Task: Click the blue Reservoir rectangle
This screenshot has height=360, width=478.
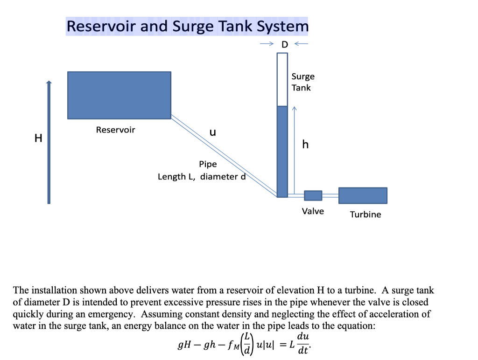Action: [119, 95]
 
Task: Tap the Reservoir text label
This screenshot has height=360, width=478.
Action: [115, 130]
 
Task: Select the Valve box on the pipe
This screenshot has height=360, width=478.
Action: [313, 196]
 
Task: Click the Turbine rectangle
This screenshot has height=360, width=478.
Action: [363, 195]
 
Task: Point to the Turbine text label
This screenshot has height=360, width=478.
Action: [366, 215]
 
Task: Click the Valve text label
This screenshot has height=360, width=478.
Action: [313, 211]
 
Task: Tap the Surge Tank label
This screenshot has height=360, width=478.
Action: [303, 82]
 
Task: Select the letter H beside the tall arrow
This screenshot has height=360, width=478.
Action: [38, 138]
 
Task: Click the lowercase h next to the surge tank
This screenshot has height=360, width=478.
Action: [305, 145]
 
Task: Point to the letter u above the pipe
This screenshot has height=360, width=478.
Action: [212, 132]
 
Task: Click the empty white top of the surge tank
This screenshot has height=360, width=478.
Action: [282, 79]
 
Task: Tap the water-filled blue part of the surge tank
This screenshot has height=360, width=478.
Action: [282, 152]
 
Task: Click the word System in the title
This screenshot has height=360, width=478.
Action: [282, 26]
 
